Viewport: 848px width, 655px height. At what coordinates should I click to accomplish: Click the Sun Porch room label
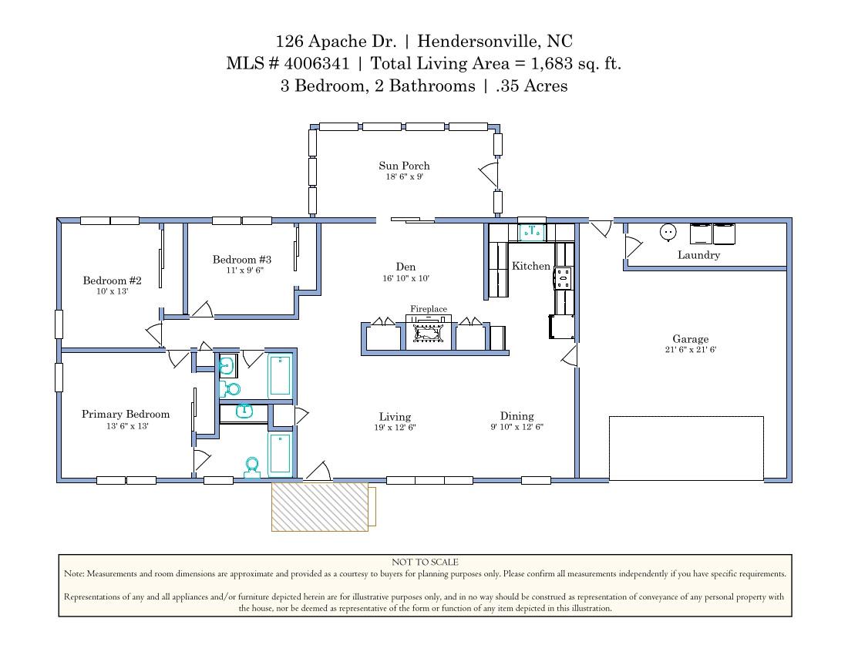[404, 166]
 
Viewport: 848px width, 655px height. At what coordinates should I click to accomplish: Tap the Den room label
[405, 267]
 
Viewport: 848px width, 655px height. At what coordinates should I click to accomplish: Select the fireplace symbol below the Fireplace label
[429, 331]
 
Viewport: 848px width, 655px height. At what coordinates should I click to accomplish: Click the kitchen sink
[531, 230]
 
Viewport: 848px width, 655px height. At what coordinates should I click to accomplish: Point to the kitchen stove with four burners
[564, 277]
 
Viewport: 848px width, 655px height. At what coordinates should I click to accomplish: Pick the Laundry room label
[698, 255]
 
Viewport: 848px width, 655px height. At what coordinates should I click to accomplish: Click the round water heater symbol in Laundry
[668, 231]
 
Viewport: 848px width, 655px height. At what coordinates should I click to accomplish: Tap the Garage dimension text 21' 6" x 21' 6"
[690, 350]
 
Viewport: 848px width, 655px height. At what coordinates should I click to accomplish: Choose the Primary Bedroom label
[126, 415]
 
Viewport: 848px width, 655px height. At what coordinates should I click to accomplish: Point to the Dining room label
[517, 416]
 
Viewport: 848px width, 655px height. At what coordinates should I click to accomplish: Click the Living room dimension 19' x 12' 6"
[395, 427]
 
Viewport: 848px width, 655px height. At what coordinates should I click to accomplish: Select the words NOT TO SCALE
[425, 563]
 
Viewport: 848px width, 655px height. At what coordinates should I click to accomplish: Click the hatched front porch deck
[320, 506]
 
